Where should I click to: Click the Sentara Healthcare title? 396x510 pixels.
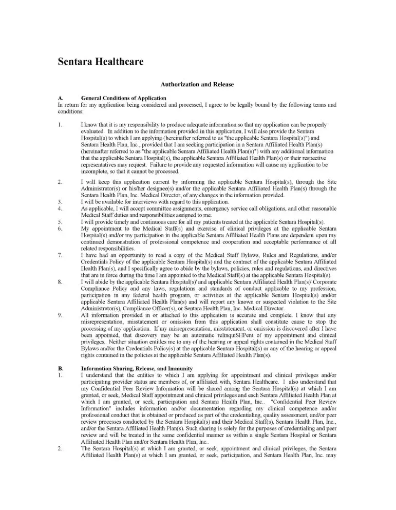100,63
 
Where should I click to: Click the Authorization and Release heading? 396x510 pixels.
197,84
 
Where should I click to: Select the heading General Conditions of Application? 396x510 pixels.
123,98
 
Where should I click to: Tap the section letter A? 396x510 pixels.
61,98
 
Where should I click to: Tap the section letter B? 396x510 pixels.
61,339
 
